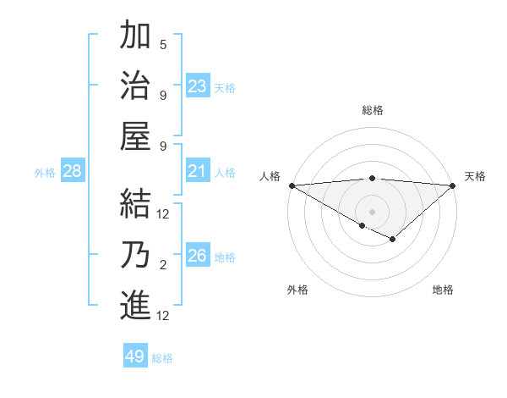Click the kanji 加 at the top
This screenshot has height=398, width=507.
click(x=135, y=36)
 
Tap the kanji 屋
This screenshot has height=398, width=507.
click(x=135, y=135)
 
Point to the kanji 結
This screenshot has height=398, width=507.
click(x=135, y=203)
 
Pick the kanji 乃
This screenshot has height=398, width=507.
click(x=135, y=254)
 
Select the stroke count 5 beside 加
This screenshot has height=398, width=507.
click(x=163, y=45)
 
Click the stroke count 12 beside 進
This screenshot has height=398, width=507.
click(x=164, y=316)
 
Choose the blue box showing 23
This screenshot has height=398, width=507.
click(x=198, y=86)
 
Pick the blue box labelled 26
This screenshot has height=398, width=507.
click(x=198, y=256)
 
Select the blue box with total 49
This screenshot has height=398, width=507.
click(x=135, y=357)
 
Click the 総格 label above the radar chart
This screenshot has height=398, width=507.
click(x=372, y=110)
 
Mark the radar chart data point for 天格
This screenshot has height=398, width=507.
click(x=453, y=185)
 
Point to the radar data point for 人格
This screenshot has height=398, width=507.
click(x=292, y=185)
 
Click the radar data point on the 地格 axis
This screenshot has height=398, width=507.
click(x=393, y=240)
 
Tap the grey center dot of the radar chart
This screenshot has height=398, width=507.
click(x=372, y=211)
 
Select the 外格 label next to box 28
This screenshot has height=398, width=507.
click(x=45, y=173)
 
